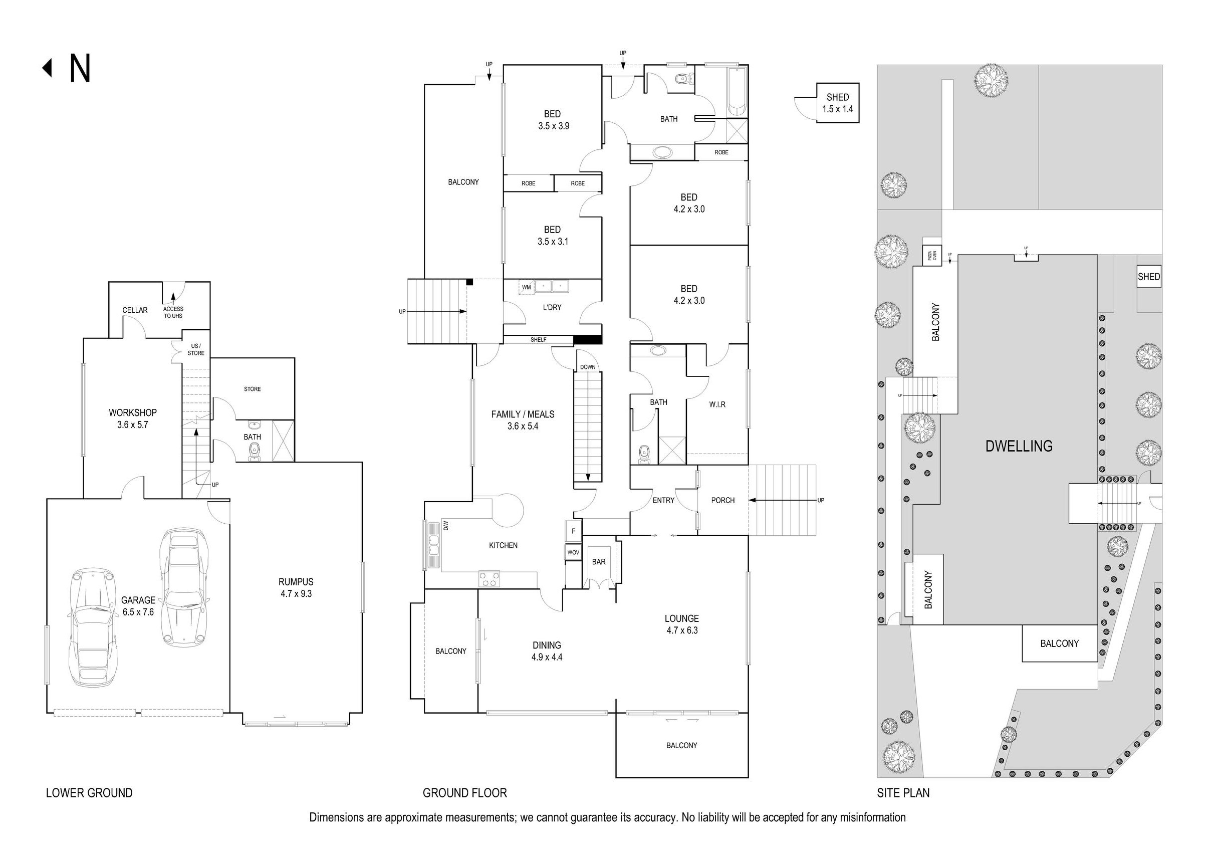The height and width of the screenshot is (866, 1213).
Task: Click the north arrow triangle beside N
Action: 48,68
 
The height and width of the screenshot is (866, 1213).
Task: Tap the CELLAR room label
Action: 135,310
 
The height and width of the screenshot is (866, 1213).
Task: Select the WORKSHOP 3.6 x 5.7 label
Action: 133,418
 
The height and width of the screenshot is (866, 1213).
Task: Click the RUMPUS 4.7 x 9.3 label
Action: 296,587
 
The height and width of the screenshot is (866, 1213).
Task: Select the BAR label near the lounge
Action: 598,561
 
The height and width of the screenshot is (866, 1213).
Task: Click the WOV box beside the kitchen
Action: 573,552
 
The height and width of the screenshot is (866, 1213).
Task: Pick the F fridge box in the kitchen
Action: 573,531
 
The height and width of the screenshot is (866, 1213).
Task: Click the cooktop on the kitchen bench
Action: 490,578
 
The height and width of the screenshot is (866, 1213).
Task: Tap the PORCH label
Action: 722,500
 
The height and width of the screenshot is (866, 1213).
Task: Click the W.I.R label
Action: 717,404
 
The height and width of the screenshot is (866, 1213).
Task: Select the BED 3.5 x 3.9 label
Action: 553,120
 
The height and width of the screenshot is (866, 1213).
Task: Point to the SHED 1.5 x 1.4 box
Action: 837,103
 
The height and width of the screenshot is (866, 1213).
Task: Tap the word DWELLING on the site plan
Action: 1019,446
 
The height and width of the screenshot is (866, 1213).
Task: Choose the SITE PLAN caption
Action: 903,793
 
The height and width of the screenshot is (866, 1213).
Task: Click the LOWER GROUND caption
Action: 89,793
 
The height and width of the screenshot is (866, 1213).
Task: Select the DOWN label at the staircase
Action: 588,367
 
